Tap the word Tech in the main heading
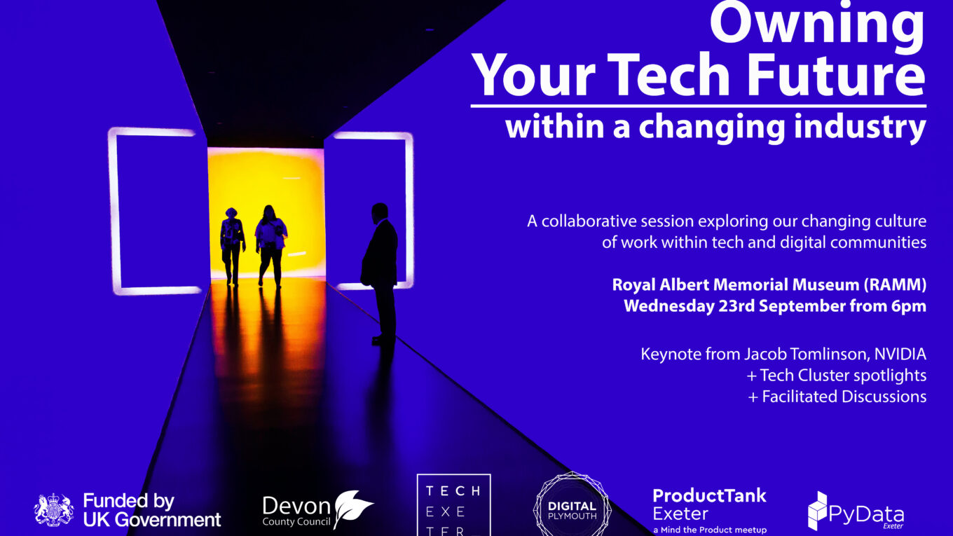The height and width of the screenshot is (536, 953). [668, 76]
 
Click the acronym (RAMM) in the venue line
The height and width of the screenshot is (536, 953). [894, 285]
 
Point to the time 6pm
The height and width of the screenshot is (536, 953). [909, 307]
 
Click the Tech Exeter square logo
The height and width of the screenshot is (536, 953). [453, 505]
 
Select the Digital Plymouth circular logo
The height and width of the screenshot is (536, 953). [573, 505]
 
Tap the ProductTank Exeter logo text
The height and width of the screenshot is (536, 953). [710, 511]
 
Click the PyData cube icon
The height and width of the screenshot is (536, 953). [818, 511]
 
